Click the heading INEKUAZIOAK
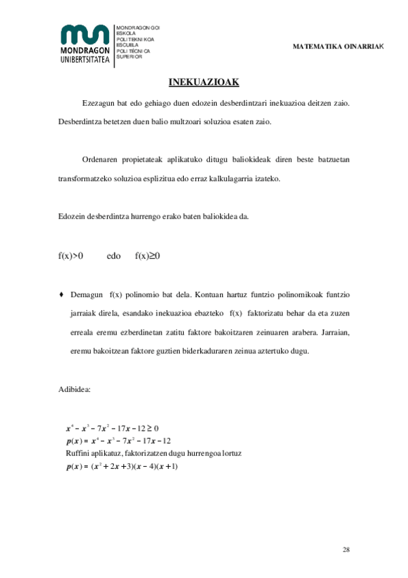204,82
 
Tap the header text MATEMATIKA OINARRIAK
339,46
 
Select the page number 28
346,549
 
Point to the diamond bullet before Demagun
62,295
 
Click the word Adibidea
75,390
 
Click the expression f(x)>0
71,256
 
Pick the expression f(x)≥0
147,256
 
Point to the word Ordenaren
101,159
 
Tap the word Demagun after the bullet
86,295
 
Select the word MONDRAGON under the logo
84,52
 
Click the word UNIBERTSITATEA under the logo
84,60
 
